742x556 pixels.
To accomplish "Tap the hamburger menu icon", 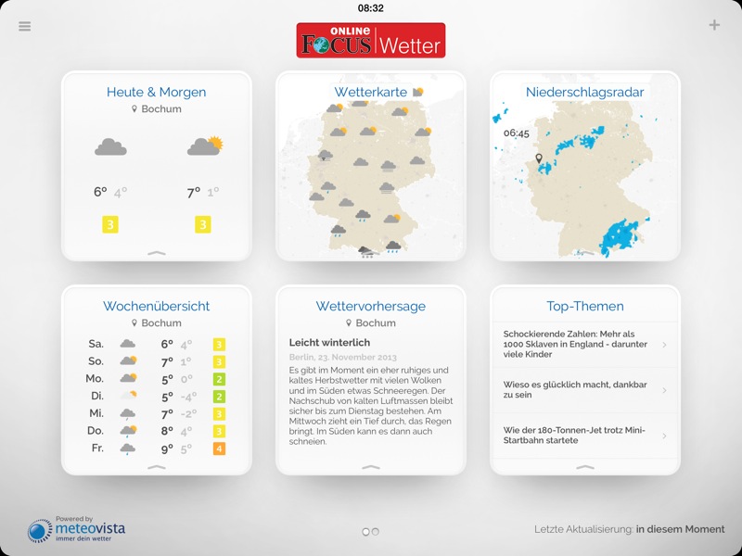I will coord(25,26).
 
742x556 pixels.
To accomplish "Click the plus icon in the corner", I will coord(714,25).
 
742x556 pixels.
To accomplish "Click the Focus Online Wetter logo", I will coord(371,41).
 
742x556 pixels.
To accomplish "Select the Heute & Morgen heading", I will coord(156,93).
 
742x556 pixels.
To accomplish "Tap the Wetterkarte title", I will coord(371,93).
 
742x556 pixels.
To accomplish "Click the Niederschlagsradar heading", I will coord(584,93).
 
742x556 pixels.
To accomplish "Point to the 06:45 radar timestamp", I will coord(517,133).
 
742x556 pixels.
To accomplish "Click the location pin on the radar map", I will coord(538,160).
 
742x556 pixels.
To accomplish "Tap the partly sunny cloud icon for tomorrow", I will coord(204,145).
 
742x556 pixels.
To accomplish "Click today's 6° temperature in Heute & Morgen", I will coord(100,193).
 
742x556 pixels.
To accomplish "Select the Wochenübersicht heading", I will coord(156,307).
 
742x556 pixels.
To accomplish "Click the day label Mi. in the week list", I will coord(96,413).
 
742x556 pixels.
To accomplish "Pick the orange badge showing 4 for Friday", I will coord(219,449).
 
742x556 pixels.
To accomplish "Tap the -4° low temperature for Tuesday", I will coord(187,397).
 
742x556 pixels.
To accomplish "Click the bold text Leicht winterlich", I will coord(330,343).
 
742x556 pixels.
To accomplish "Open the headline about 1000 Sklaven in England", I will coord(575,345).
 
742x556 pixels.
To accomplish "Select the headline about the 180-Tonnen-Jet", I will coord(575,436).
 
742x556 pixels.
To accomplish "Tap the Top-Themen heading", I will coord(584,307).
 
